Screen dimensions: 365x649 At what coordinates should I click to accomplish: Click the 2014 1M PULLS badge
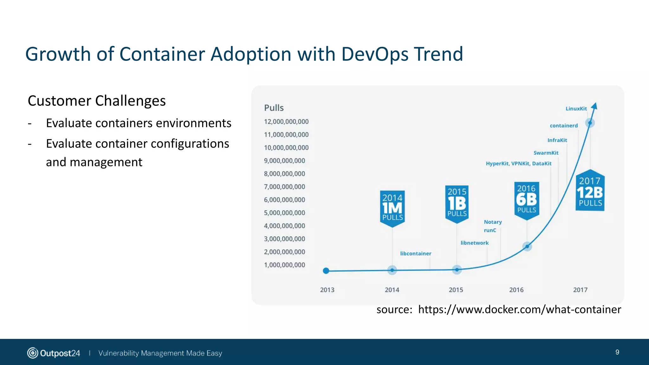[x=392, y=208]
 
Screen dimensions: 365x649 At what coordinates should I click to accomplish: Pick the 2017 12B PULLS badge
[x=590, y=192]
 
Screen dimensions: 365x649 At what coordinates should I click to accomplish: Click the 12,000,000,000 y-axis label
[x=286, y=122]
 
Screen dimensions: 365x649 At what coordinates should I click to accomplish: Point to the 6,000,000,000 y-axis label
[x=284, y=200]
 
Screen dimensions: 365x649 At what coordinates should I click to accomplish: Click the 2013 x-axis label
[x=327, y=290]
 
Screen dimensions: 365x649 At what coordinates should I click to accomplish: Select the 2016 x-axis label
[x=516, y=290]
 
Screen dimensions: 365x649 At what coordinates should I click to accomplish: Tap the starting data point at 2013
[x=326, y=271]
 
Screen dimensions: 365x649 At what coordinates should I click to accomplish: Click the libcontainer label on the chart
[x=415, y=253]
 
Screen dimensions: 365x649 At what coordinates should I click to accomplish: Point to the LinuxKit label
[x=576, y=109]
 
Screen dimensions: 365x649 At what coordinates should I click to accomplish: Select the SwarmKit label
[x=546, y=153]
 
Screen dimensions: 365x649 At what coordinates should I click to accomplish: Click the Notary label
[x=492, y=222]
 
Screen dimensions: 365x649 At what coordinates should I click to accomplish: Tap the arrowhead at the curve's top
[x=595, y=106]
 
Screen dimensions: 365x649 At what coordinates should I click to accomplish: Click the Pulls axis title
[x=274, y=108]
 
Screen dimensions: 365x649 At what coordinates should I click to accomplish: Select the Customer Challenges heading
[x=97, y=101]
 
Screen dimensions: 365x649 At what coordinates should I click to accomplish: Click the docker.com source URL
[x=519, y=310]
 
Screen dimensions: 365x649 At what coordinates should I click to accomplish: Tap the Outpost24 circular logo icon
[x=33, y=353]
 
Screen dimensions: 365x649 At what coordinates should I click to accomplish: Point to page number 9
[x=617, y=352]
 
